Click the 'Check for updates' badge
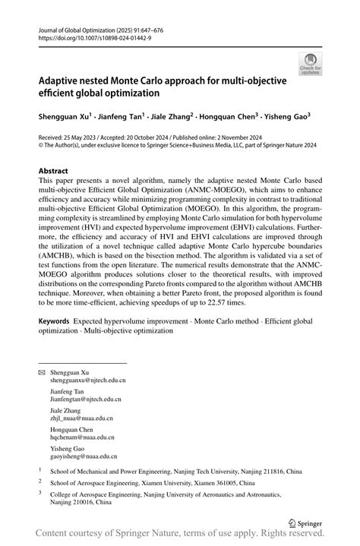310,63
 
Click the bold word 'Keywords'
60,322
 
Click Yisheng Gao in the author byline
286,117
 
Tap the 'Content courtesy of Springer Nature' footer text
122,537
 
